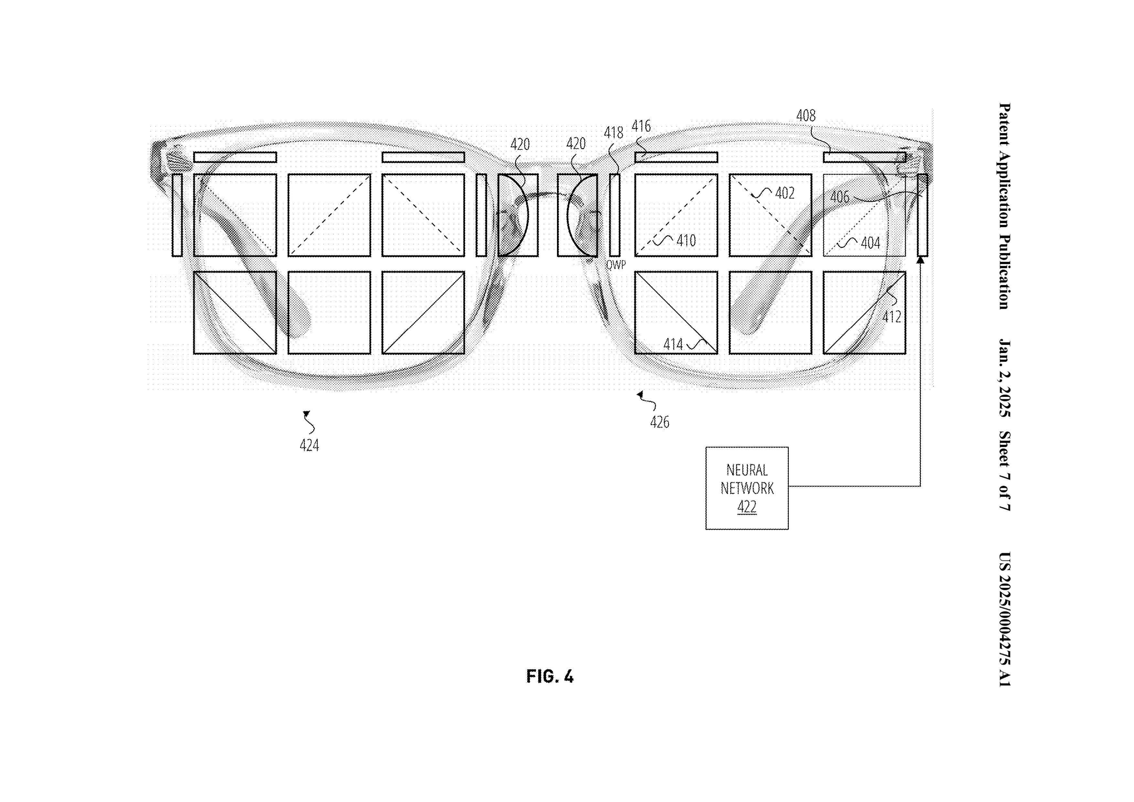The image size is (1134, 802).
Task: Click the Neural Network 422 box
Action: (x=746, y=488)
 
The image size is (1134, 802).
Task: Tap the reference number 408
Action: (x=806, y=116)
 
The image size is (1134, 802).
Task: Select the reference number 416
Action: (x=641, y=126)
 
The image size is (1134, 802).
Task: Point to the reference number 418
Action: (x=614, y=133)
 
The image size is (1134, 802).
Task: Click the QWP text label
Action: (x=616, y=265)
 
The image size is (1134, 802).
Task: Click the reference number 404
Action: (x=870, y=243)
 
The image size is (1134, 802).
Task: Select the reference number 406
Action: (x=840, y=198)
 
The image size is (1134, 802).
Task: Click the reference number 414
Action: (x=673, y=344)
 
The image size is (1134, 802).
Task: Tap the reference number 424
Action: (x=309, y=445)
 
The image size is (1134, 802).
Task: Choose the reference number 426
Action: (x=659, y=422)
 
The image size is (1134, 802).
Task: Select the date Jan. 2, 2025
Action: (x=1004, y=378)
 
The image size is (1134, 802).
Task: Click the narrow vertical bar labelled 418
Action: (x=615, y=215)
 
